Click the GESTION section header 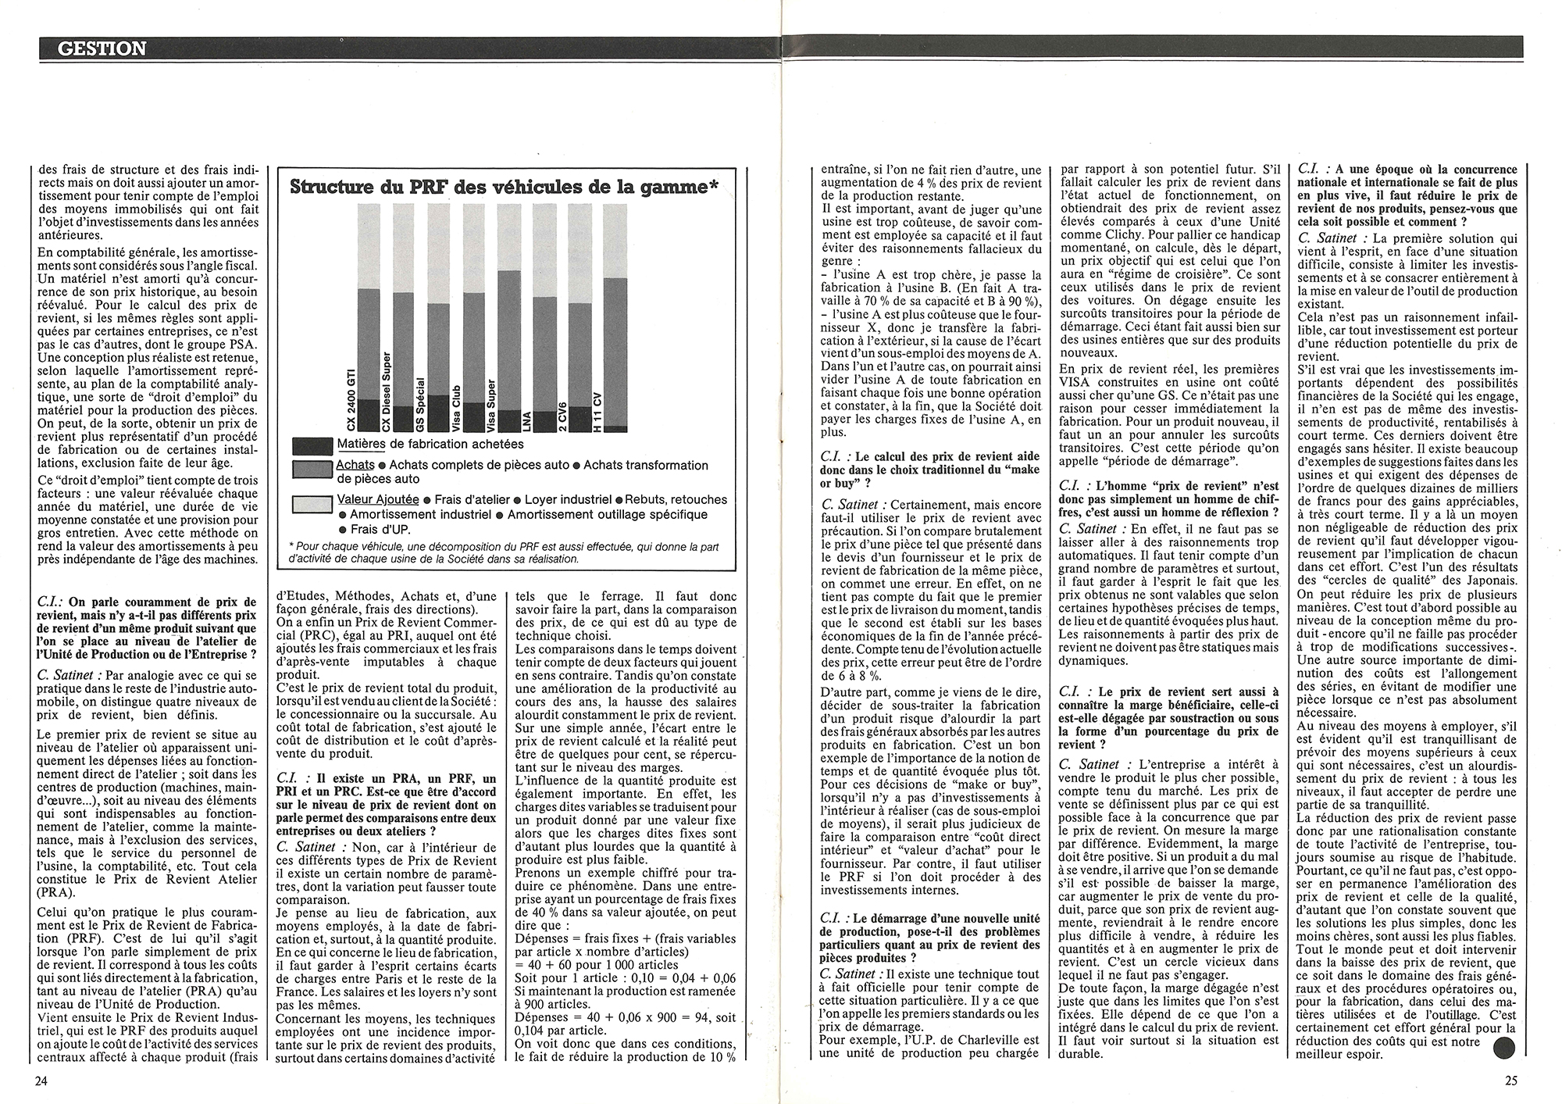click(102, 48)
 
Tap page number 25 click(1510, 1081)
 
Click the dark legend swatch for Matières click(312, 445)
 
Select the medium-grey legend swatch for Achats click(312, 469)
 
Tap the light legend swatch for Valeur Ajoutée click(312, 504)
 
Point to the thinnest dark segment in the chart click(615, 428)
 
